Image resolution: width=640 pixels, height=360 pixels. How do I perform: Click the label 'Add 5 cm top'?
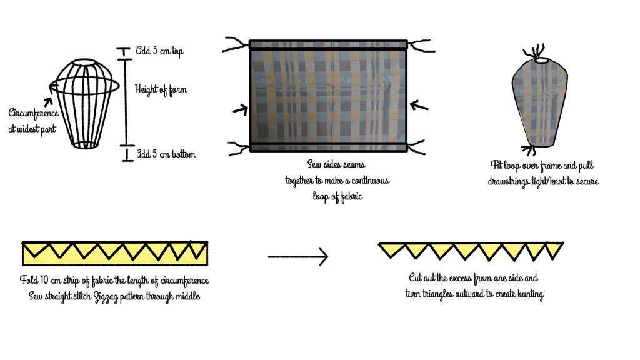coord(161,51)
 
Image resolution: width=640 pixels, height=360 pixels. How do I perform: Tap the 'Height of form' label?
coord(161,89)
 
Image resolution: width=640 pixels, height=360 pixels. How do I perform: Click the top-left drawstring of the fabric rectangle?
coord(236,44)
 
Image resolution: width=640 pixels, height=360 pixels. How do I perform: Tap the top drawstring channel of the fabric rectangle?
coord(329,44)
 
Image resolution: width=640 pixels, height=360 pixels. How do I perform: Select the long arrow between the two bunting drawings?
coord(297,256)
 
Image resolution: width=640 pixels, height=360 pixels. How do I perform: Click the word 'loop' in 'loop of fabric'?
coord(321,196)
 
